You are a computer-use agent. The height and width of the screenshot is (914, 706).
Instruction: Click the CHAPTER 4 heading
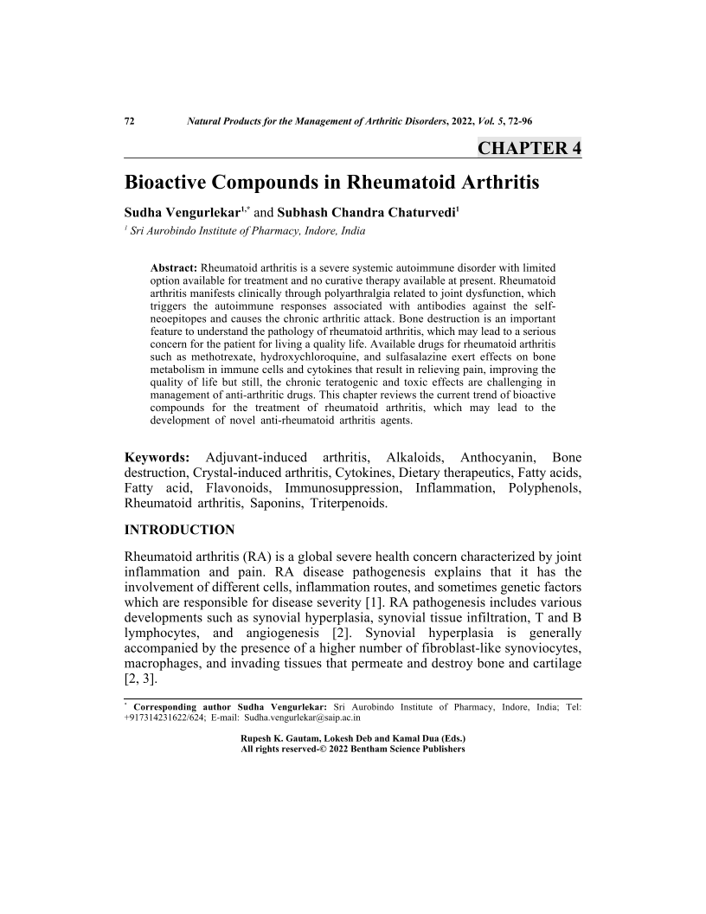pos(529,148)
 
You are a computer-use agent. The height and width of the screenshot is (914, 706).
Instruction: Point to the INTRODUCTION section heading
pos(179,529)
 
